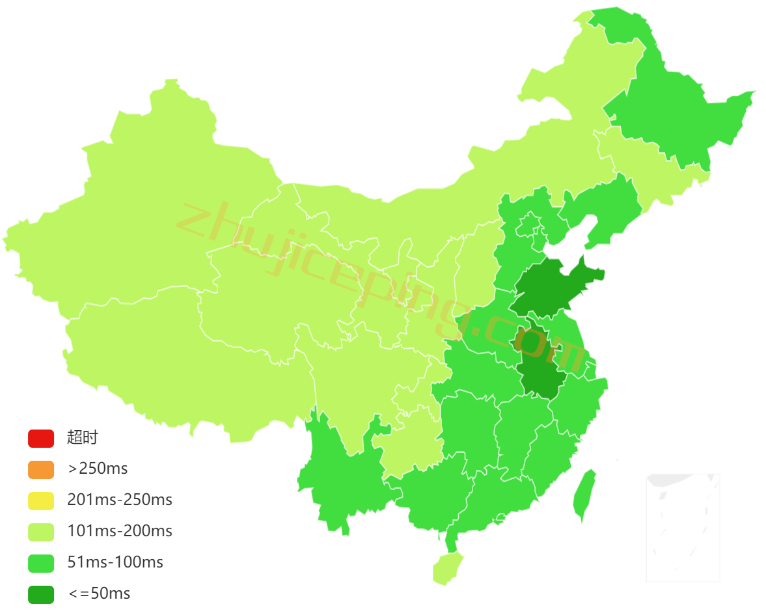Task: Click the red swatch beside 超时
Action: [40, 438]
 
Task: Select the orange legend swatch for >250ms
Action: [40, 469]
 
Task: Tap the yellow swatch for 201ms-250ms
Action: [40, 500]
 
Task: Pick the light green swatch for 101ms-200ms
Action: [40, 532]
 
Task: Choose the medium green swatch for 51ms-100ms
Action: [40, 563]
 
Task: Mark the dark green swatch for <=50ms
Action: [40, 594]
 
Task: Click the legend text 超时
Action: [82, 438]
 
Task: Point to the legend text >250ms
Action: [98, 469]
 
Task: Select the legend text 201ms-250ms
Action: [120, 500]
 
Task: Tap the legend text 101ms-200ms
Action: [120, 532]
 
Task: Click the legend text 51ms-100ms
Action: [115, 563]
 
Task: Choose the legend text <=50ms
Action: [99, 594]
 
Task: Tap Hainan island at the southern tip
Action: [447, 567]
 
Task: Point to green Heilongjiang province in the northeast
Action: [677, 117]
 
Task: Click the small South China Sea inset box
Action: [683, 528]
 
